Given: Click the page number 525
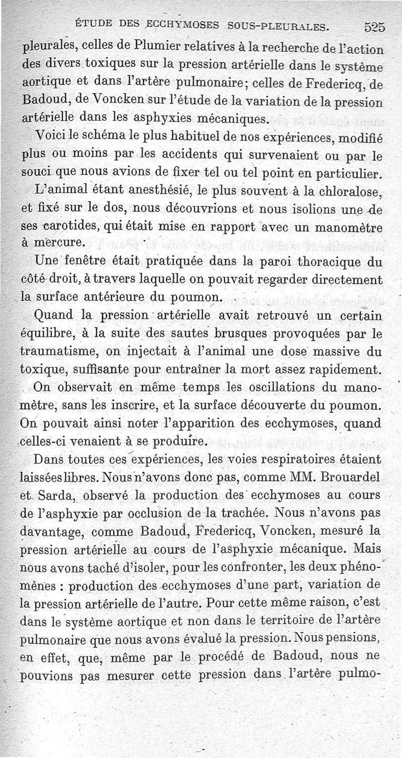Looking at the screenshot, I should (374, 28).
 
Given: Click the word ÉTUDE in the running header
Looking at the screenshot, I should (93, 23).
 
